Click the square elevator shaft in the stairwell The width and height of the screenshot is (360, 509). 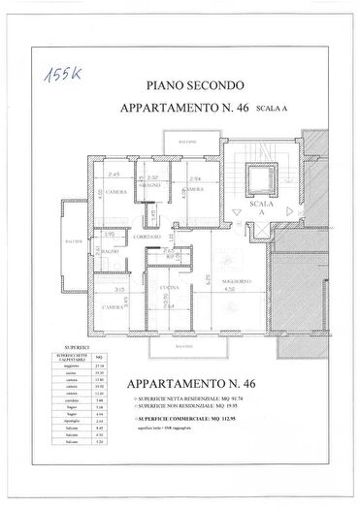click(258, 181)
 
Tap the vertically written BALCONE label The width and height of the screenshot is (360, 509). click(70, 240)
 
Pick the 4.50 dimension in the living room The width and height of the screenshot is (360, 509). click(230, 289)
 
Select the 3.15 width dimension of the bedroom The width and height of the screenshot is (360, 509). click(117, 290)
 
